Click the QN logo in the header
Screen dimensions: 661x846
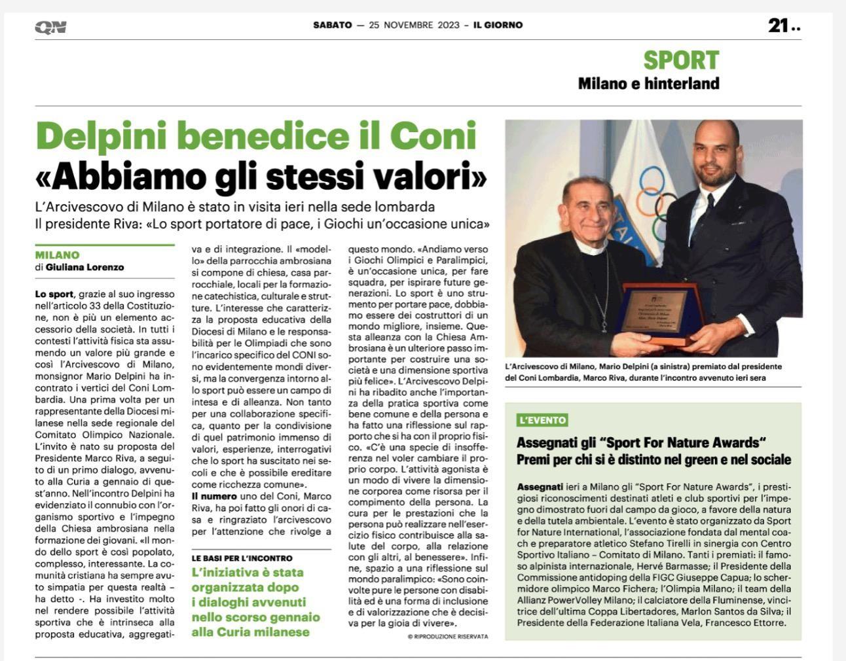pos(50,27)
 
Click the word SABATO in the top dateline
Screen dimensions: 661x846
pos(332,26)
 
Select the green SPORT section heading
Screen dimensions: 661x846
pos(681,60)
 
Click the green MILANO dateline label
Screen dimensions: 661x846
pos(58,255)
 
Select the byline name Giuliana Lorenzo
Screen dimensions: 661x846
pos(84,267)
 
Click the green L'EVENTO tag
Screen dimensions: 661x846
pos(542,420)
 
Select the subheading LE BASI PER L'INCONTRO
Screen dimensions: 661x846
pos(242,558)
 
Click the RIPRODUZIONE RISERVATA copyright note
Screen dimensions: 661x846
pos(448,636)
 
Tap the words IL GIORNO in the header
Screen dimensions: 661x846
pos(498,26)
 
